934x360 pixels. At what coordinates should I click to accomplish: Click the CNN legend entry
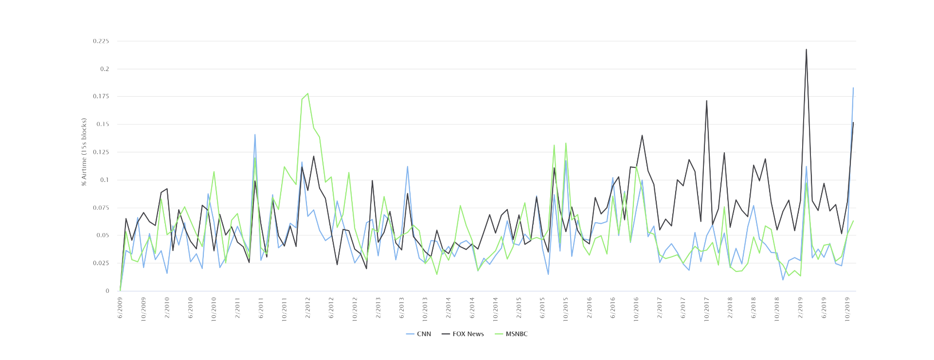point(418,334)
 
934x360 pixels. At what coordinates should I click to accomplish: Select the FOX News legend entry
point(463,334)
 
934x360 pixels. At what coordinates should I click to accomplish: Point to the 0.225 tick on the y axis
point(101,41)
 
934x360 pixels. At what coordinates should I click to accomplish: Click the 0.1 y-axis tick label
point(105,180)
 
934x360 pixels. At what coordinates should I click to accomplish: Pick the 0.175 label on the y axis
point(101,97)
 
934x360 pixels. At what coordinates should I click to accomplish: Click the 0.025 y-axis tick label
point(101,263)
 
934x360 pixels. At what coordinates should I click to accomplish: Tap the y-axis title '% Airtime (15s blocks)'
point(84,152)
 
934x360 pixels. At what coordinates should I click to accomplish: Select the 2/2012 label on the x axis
point(308,307)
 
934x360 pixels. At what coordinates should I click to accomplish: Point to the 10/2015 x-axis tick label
point(566,309)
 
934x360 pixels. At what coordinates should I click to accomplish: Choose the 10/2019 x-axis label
point(847,309)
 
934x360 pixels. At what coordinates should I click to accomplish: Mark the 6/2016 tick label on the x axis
point(613,307)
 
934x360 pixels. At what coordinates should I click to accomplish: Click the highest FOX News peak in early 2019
point(806,49)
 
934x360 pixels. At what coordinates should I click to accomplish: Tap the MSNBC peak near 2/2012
point(307,93)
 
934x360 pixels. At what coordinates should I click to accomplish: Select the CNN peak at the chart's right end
point(853,88)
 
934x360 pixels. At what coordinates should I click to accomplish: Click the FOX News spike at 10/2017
point(706,101)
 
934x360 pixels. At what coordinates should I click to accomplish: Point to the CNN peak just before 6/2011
point(255,134)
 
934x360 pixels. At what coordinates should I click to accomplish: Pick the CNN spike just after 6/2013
point(407,166)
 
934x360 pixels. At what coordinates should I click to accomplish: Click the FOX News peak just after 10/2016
point(642,135)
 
